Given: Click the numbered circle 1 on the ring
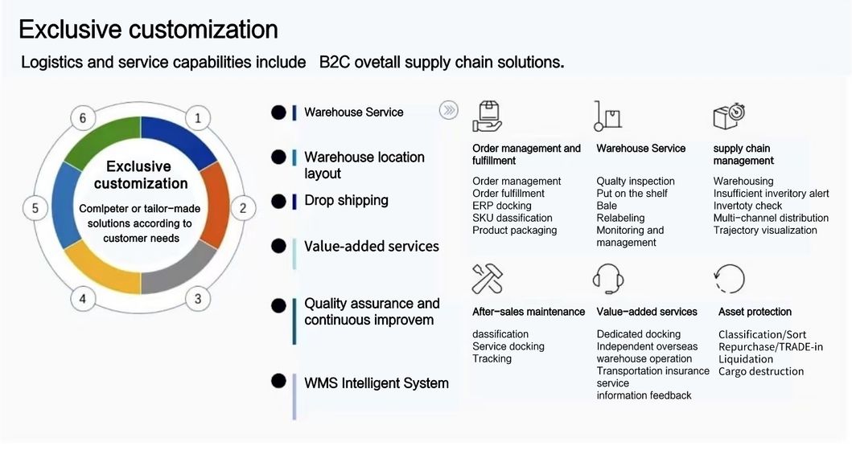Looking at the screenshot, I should click(x=198, y=119).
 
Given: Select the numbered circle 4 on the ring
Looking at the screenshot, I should click(x=82, y=300).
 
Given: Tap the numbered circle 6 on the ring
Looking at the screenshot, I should click(x=82, y=119).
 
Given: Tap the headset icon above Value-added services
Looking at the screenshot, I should click(x=608, y=279).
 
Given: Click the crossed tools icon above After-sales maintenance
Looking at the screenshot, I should click(x=487, y=279).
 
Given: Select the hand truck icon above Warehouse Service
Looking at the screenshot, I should click(x=607, y=116).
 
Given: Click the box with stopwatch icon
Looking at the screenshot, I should click(x=729, y=116).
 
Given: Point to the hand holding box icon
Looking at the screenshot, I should click(x=487, y=116).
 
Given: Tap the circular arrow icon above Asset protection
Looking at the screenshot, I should click(x=729, y=279).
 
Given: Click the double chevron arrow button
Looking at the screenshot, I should click(x=448, y=111).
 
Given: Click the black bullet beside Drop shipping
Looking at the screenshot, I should click(x=278, y=200).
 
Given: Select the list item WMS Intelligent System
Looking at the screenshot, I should click(x=376, y=383).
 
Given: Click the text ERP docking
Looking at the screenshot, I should click(x=502, y=206).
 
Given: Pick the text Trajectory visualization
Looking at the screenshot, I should click(x=765, y=231).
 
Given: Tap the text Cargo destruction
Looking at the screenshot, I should click(x=761, y=371).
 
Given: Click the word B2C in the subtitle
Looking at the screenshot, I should click(x=335, y=63).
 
